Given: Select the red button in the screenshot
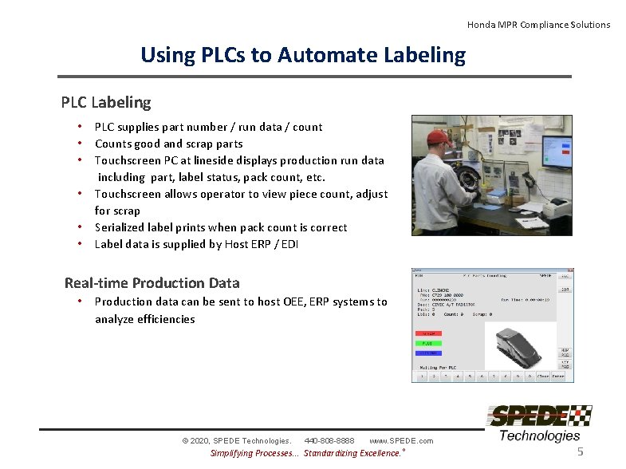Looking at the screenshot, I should click(428, 333).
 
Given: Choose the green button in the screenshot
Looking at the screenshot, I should click(428, 343).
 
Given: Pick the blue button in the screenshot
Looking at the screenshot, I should click(428, 352).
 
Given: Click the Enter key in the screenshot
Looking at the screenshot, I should click(558, 376).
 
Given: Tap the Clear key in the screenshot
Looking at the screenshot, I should click(542, 376).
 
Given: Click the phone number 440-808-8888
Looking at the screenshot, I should click(329, 441).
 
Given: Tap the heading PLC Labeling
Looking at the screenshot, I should click(106, 102).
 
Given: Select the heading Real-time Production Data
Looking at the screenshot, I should click(152, 282).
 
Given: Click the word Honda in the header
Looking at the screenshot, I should click(481, 25).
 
